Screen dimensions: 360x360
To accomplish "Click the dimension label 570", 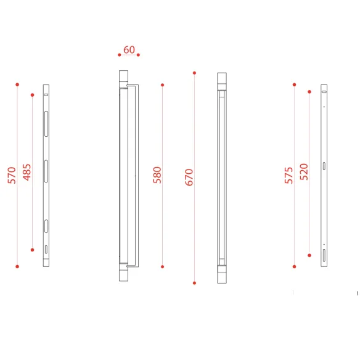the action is coord(12,176).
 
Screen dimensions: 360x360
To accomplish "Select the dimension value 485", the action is coord(27,172).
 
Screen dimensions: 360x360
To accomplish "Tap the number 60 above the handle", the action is coord(129,50).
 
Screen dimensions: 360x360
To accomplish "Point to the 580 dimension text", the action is coord(157,175).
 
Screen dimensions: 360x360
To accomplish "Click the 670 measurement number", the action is coord(189,178).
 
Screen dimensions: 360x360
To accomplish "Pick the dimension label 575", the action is coord(289,176).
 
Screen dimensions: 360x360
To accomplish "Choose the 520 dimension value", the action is coord(304,172).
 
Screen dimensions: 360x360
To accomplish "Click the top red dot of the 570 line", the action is coord(17,84).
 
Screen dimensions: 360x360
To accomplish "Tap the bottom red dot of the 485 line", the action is coord(33,250).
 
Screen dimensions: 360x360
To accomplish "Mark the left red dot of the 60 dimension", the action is coord(120,55).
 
